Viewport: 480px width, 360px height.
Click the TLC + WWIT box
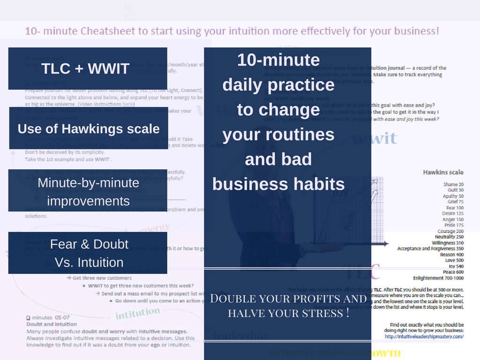pyautogui.click(x=88, y=68)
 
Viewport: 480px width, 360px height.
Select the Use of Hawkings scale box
pyautogui.click(x=89, y=128)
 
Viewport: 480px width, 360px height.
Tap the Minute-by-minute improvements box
pyautogui.click(x=88, y=192)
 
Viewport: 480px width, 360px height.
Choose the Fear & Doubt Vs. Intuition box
pyautogui.click(x=89, y=253)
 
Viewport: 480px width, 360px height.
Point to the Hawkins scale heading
pyautogui.click(x=443, y=172)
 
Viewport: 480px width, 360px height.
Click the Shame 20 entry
pyautogui.click(x=453, y=185)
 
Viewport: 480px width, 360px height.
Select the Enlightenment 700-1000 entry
pyautogui.click(x=438, y=278)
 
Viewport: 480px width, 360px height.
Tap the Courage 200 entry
pyautogui.click(x=450, y=231)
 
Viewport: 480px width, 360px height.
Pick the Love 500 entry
pyautogui.click(x=454, y=260)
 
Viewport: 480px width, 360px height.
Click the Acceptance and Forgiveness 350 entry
pyautogui.click(x=430, y=248)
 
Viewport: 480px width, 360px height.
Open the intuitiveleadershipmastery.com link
pyautogui.click(x=424, y=336)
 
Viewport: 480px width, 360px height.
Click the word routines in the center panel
pyautogui.click(x=278, y=135)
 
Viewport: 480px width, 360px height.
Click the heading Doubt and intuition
pyautogui.click(x=52, y=324)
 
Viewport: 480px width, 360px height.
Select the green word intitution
pyautogui.click(x=137, y=313)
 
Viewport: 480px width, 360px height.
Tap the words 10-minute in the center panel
pyautogui.click(x=278, y=60)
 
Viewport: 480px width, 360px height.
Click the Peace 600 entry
pyautogui.click(x=453, y=272)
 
